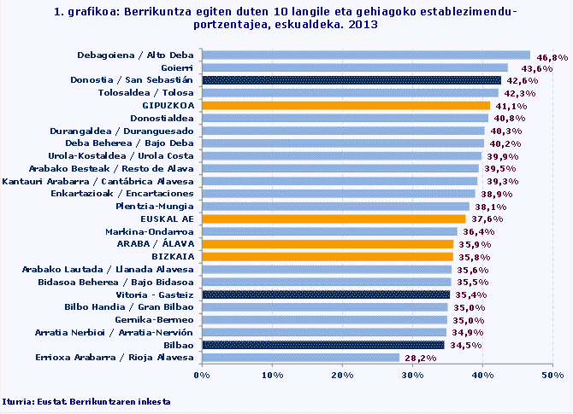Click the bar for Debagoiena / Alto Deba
pyautogui.click(x=366, y=55)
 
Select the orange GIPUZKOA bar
pyautogui.click(x=346, y=105)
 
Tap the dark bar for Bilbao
pyautogui.click(x=322, y=345)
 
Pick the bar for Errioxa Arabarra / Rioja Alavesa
pyautogui.click(x=300, y=358)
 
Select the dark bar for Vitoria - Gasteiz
pyautogui.click(x=326, y=294)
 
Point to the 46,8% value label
pyautogui.click(x=552, y=57)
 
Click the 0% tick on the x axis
pyautogui.click(x=203, y=375)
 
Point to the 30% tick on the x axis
pyautogui.click(x=412, y=375)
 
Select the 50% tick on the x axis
pyautogui.click(x=552, y=375)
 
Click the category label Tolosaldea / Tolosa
pyautogui.click(x=146, y=92)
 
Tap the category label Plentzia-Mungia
pyautogui.click(x=156, y=206)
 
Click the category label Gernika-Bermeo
pyautogui.click(x=156, y=319)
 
